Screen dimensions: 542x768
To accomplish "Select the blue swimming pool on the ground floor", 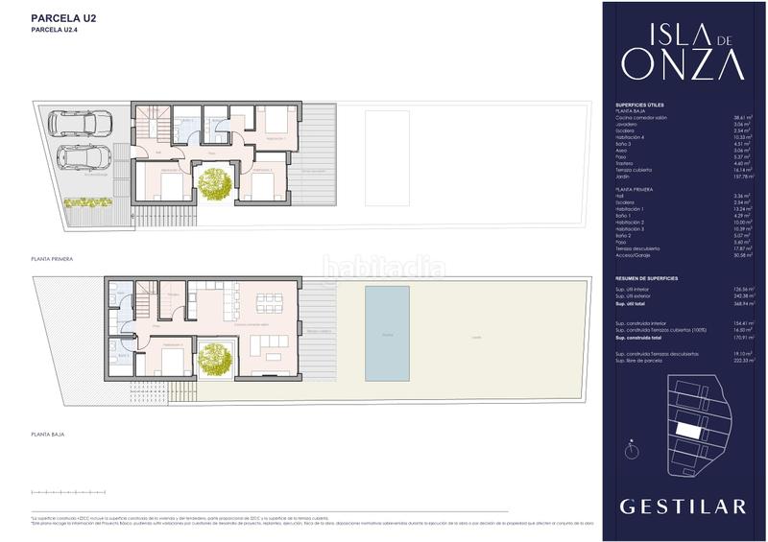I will [x=387, y=335].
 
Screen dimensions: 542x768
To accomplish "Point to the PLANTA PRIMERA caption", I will [x=52, y=259].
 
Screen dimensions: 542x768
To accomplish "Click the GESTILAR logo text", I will [x=683, y=506].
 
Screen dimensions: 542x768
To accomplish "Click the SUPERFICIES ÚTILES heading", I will [x=639, y=104].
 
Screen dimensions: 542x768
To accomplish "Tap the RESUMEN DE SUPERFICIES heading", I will [x=646, y=278].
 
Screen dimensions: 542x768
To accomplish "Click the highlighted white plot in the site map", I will [x=687, y=429].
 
